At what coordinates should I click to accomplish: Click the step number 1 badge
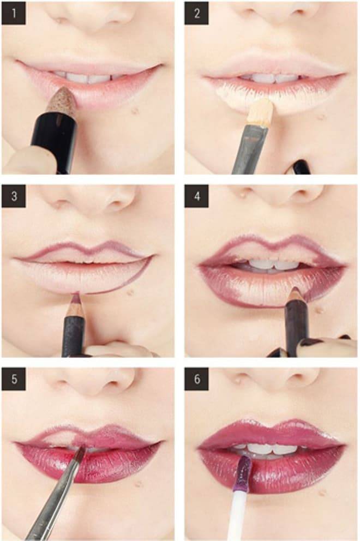pos(14,14)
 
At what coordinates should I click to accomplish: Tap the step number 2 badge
pos(196,14)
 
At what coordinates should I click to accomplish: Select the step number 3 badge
pos(14,196)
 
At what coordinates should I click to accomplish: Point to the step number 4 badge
pos(196,196)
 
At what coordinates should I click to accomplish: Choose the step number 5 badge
pos(14,379)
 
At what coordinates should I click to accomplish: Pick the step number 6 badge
pos(196,379)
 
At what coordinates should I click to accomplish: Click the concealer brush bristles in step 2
pos(261,112)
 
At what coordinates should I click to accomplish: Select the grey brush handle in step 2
pos(249,148)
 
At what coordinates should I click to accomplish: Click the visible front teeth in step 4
pos(274,265)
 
